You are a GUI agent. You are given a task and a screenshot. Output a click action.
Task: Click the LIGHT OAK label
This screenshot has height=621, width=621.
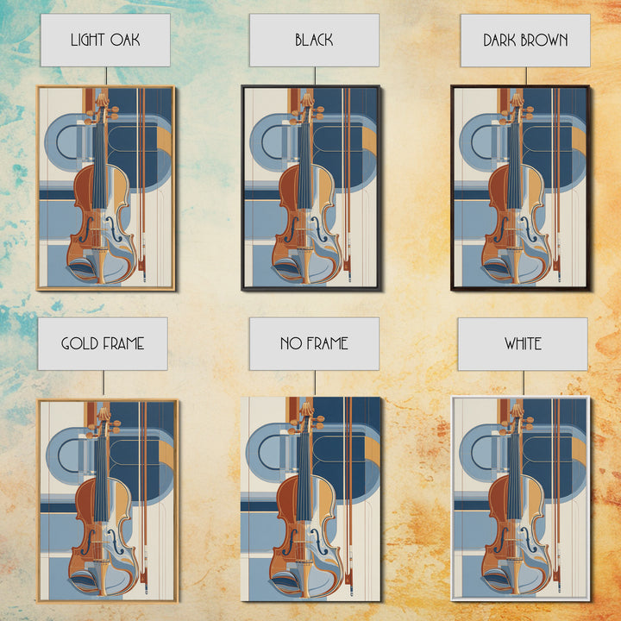coord(105,40)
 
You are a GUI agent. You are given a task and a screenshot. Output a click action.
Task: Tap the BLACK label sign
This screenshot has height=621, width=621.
coord(314,40)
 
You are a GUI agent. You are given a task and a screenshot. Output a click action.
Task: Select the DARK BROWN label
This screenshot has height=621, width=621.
coord(525,41)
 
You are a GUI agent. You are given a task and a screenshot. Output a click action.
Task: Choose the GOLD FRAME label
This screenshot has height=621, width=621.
coord(103,344)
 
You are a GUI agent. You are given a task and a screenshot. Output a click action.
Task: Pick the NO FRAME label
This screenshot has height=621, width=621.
coord(314,344)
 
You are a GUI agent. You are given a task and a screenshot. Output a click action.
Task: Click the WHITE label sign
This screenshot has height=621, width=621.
coord(523,344)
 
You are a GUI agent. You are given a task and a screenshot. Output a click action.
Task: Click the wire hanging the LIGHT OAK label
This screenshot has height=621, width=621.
coord(106,76)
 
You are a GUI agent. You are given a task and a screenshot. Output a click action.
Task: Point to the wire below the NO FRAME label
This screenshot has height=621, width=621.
coord(316,383)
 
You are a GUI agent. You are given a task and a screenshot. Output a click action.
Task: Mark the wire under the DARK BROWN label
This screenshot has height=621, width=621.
coord(526,76)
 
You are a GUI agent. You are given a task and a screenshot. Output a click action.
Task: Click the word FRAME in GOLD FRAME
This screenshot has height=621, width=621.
coord(123,344)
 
